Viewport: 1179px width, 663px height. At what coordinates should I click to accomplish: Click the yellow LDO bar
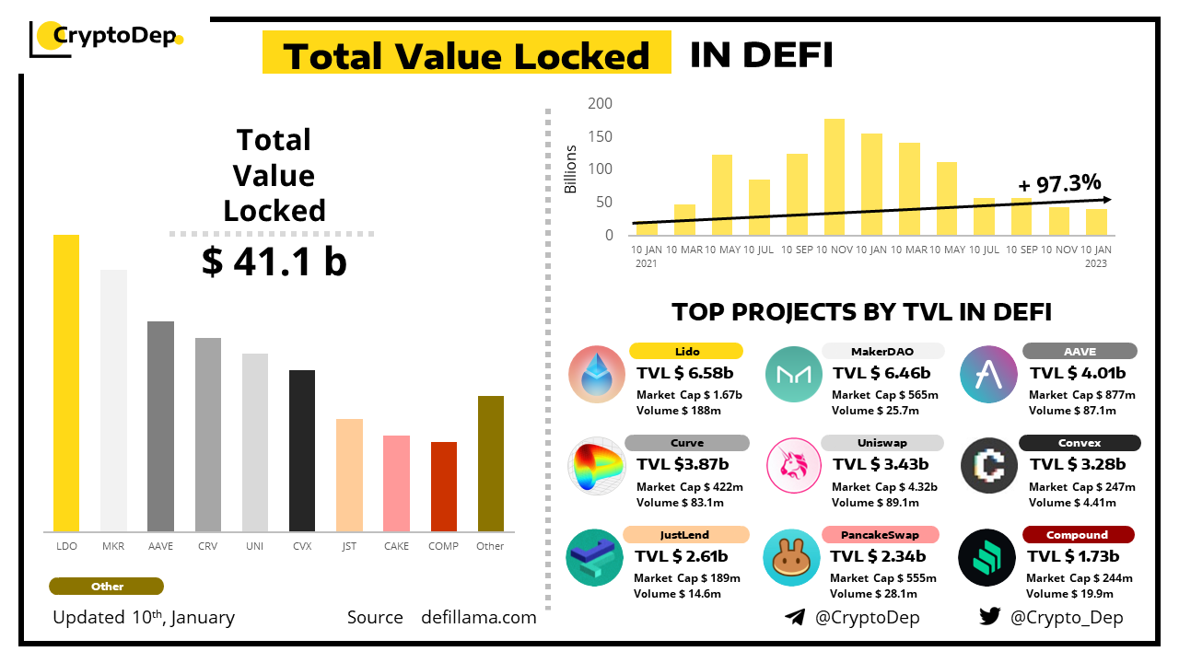click(66, 383)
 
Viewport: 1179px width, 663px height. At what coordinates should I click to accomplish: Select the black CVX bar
click(302, 450)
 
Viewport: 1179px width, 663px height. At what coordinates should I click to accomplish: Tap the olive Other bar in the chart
click(491, 463)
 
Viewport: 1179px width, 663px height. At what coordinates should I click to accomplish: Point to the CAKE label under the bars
click(396, 546)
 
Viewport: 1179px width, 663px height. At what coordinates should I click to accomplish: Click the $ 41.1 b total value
click(274, 262)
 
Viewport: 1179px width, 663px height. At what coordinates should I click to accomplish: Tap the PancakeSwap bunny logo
click(791, 558)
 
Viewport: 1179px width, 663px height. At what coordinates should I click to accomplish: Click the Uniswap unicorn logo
click(793, 467)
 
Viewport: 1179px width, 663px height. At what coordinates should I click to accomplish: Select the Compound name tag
click(1077, 535)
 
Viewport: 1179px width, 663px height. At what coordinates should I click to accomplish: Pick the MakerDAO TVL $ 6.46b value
click(881, 373)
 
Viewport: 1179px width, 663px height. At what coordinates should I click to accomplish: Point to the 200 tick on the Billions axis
click(601, 103)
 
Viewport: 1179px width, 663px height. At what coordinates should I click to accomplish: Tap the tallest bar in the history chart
click(835, 177)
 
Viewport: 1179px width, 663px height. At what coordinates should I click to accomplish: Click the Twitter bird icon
click(989, 617)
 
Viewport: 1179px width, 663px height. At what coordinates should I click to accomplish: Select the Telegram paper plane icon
click(794, 617)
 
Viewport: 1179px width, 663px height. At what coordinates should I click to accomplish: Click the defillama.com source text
click(478, 617)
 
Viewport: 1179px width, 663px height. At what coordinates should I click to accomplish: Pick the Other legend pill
click(107, 587)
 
